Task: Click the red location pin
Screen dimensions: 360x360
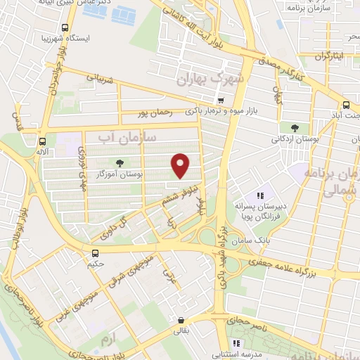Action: (x=181, y=165)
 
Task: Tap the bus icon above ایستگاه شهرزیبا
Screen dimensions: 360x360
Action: (x=65, y=29)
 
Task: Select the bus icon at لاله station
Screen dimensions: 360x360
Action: (x=42, y=140)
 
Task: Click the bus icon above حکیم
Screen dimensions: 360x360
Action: (x=95, y=252)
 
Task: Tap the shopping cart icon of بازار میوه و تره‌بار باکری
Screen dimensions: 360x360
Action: (x=221, y=101)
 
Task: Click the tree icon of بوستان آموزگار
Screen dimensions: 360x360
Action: (x=127, y=163)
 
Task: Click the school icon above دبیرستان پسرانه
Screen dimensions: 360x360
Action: (x=260, y=196)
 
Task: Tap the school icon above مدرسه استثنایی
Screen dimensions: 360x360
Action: (x=236, y=342)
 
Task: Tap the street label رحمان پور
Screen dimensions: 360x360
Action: (x=155, y=113)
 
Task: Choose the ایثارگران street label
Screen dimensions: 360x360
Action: (x=328, y=55)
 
